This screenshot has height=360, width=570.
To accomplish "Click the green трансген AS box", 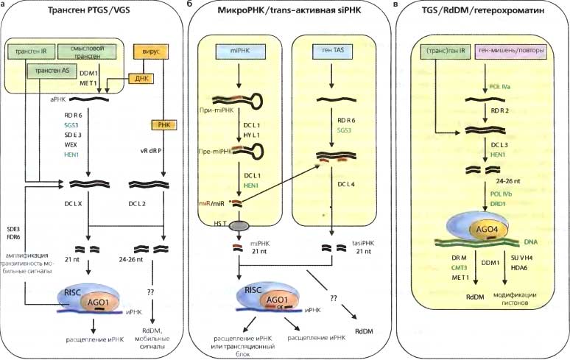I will tap(49, 71).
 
